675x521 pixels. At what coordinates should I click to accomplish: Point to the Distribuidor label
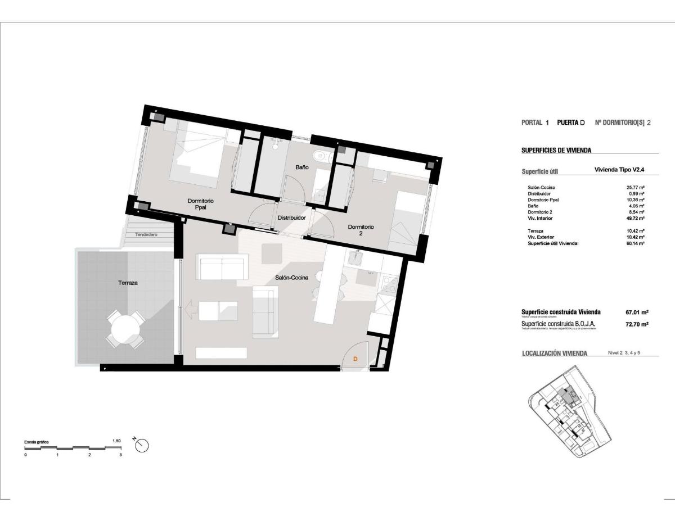click(291, 218)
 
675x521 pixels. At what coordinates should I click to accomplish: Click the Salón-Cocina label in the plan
click(291, 277)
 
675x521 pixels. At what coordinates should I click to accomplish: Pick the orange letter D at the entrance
click(355, 358)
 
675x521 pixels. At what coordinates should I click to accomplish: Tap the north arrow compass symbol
click(142, 445)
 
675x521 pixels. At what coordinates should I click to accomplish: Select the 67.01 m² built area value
click(637, 312)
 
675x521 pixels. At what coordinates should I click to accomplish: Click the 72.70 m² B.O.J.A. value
click(637, 324)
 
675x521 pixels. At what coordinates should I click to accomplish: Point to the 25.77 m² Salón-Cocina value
click(636, 188)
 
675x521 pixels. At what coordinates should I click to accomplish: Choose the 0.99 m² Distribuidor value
click(636, 194)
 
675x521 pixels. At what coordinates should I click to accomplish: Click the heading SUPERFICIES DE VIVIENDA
click(556, 150)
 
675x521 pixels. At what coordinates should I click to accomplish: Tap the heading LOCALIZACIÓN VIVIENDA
click(555, 353)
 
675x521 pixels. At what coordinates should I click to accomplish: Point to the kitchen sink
click(355, 257)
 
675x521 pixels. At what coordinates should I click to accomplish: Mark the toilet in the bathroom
click(320, 157)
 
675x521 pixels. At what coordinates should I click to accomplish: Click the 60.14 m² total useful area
click(636, 243)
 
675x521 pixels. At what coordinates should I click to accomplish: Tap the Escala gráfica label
click(36, 442)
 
